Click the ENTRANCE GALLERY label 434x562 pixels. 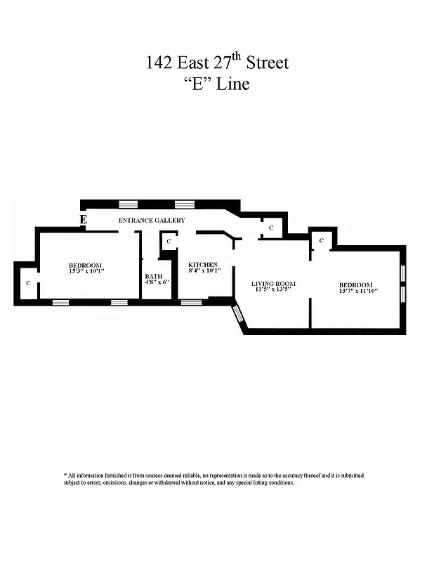[x=151, y=221]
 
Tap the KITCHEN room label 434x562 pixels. [x=203, y=264]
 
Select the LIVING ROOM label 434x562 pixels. [x=274, y=284]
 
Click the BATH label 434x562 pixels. [x=153, y=276]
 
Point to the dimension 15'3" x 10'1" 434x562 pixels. [x=85, y=270]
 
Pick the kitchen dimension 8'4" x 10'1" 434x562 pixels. [x=204, y=270]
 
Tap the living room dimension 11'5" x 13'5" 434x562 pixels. [x=274, y=290]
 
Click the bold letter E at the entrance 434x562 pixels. [x=84, y=220]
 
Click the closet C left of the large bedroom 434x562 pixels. [x=28, y=282]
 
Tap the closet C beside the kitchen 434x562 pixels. [x=169, y=242]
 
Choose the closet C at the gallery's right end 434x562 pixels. [x=271, y=227]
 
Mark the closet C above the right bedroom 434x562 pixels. [x=321, y=240]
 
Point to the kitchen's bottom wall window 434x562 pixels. [x=191, y=302]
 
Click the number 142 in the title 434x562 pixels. [x=158, y=63]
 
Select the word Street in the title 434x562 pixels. [x=266, y=63]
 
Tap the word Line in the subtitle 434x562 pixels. [x=232, y=84]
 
